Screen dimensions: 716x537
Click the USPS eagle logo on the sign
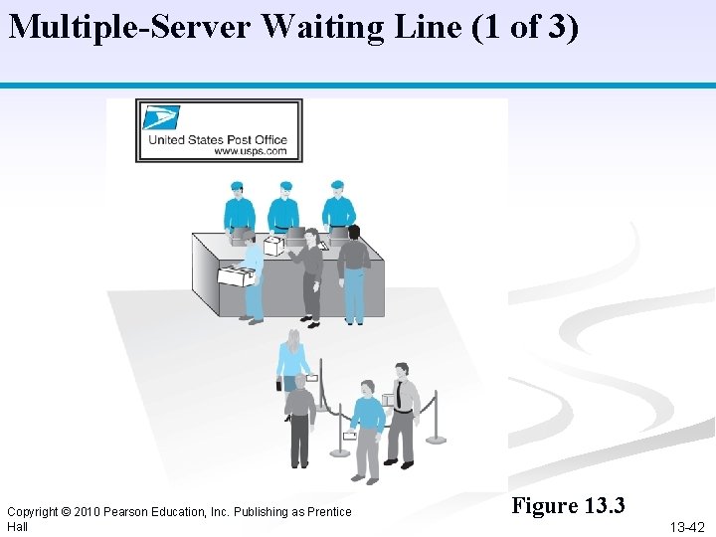[160, 118]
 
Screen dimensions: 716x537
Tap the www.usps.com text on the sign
[250, 152]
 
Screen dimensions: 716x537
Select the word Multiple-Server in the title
[130, 27]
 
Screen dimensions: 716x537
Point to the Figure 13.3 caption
[568, 506]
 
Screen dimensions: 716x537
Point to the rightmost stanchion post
[435, 418]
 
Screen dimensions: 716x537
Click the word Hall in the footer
[17, 527]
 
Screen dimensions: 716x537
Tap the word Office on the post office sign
[269, 140]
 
